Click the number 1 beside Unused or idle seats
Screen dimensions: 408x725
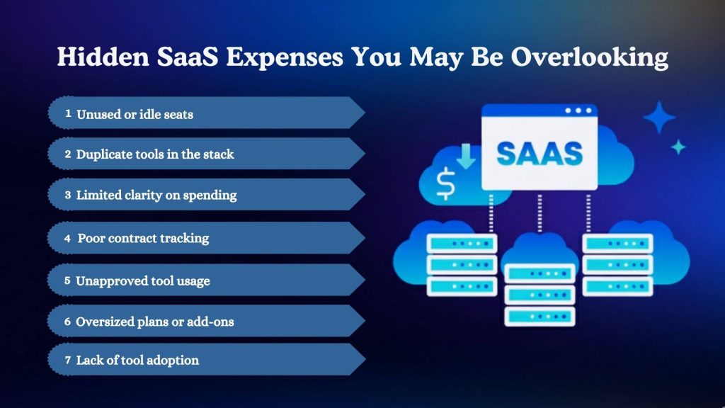(x=68, y=113)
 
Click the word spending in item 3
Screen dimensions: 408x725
(x=210, y=195)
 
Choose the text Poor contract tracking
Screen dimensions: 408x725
(x=143, y=238)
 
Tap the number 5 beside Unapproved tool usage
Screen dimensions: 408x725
(x=67, y=280)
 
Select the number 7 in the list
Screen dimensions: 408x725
(x=67, y=361)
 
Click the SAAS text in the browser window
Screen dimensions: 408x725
(x=540, y=152)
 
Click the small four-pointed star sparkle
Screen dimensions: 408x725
(x=678, y=147)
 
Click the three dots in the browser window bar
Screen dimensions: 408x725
(x=578, y=111)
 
